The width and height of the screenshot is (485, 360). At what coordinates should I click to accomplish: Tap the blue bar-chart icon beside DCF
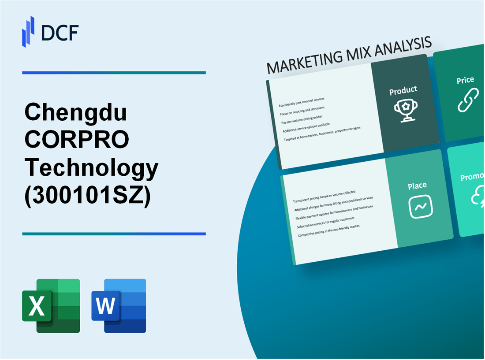coord(28,32)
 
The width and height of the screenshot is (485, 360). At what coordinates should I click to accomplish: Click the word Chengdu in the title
coord(76,114)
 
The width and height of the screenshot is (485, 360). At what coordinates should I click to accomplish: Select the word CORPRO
coord(77,141)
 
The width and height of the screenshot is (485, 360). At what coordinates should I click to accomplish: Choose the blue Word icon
coord(119,305)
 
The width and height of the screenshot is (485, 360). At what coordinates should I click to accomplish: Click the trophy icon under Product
coord(404,111)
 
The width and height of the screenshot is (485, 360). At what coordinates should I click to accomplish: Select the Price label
coord(465,80)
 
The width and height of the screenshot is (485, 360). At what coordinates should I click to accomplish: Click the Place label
coord(417,186)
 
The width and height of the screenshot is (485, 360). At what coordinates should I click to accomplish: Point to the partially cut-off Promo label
coord(472,177)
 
